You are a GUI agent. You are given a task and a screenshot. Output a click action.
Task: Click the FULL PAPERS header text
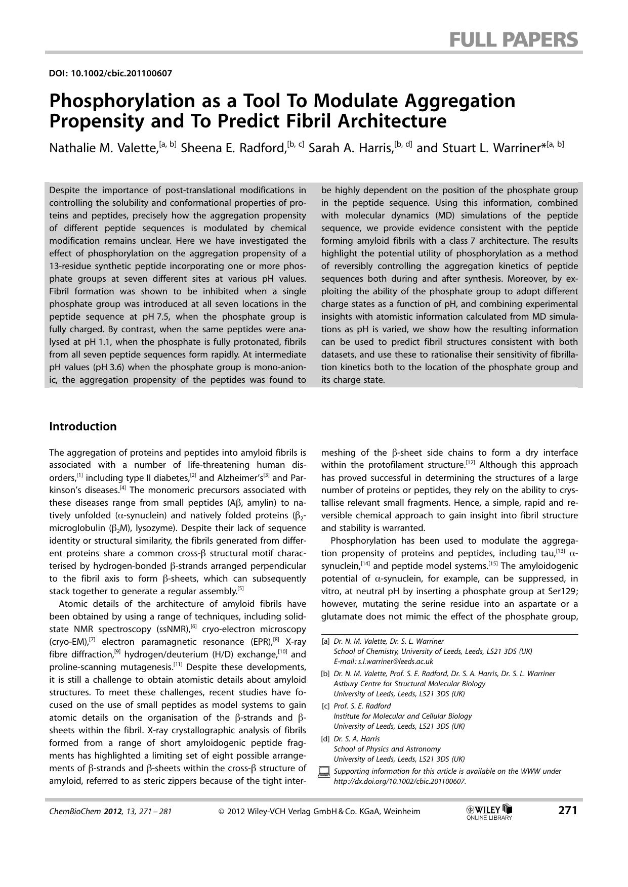click(x=513, y=39)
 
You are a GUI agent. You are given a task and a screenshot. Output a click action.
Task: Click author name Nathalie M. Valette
click(x=103, y=148)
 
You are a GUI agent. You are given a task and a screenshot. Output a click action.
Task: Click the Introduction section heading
click(x=82, y=426)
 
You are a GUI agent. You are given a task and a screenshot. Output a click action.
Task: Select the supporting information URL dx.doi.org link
click(x=399, y=781)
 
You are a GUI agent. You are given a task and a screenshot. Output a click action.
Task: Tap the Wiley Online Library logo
click(x=489, y=812)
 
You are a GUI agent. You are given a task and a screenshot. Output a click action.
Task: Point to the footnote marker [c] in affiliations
click(x=325, y=706)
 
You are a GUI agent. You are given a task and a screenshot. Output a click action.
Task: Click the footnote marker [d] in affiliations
click(x=325, y=739)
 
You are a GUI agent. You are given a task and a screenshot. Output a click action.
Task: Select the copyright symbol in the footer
click(x=221, y=811)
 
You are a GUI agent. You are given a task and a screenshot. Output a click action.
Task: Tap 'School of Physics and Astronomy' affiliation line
click(x=387, y=749)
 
